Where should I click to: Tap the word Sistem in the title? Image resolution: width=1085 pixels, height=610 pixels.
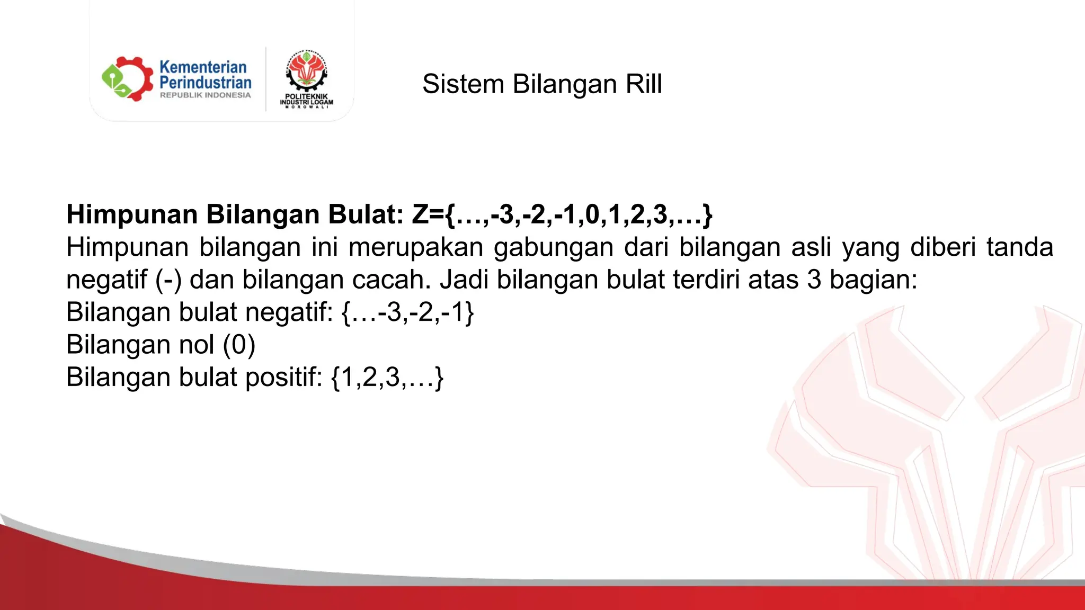463,84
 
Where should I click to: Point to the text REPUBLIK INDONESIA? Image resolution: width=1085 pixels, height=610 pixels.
205,95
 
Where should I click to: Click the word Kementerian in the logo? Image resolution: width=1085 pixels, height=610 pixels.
203,67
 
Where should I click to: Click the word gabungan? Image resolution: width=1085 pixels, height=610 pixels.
554,248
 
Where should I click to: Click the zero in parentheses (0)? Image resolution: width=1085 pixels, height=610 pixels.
239,345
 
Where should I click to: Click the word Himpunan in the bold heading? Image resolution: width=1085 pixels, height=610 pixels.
132,214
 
